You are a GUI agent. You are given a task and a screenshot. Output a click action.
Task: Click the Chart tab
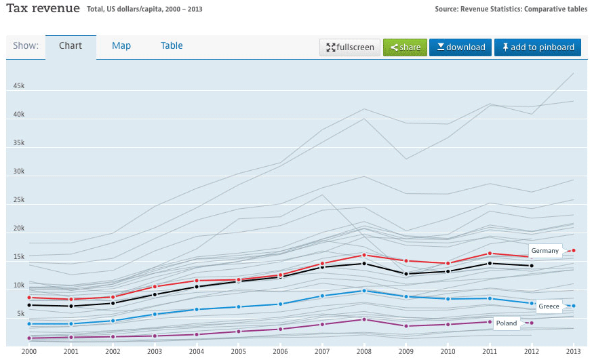[71, 46]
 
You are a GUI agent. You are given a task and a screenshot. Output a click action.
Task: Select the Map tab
[121, 46]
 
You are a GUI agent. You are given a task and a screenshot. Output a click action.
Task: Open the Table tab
[172, 46]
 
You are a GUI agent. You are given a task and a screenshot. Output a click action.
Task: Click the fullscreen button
[350, 47]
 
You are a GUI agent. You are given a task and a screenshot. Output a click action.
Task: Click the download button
[461, 47]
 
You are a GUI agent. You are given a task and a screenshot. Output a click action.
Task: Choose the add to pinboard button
[537, 47]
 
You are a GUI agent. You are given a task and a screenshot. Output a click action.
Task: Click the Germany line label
[545, 251]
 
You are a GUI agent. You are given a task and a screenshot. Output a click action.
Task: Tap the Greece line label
[549, 306]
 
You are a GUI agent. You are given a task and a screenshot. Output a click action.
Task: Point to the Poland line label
[506, 323]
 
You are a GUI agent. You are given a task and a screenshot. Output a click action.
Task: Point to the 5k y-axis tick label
[20, 314]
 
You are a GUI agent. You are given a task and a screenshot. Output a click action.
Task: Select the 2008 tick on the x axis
[364, 351]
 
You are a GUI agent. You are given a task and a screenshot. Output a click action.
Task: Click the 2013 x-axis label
[573, 351]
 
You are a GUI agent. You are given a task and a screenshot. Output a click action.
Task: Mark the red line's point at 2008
[364, 255]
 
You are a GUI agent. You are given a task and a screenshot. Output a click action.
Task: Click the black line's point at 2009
[406, 274]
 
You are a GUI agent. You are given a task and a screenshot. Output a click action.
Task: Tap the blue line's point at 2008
[364, 291]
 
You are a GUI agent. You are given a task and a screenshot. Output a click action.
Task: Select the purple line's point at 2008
[364, 319]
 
